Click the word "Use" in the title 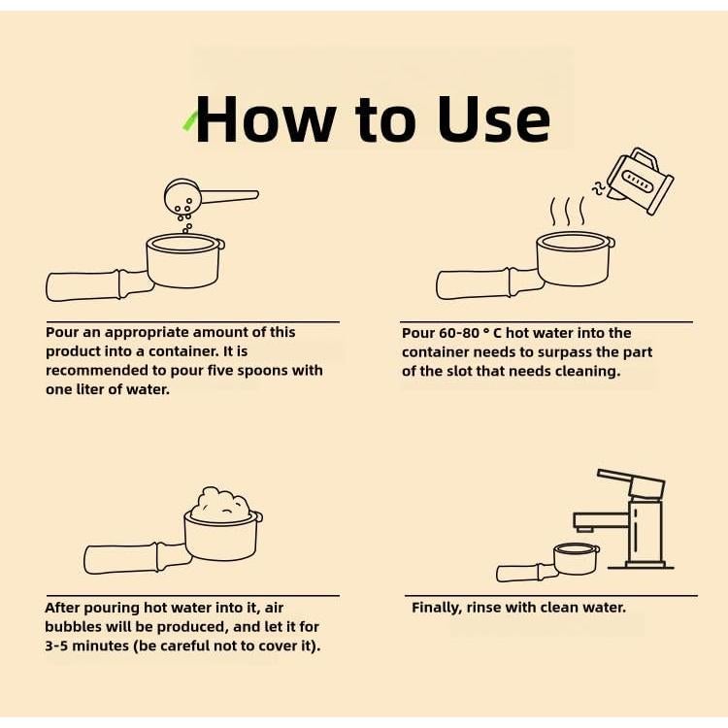point(494,118)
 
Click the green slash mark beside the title point(189,121)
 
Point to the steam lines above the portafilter point(568,212)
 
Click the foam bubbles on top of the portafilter point(220,504)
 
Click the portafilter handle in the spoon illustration point(99,285)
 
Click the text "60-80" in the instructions point(459,333)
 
